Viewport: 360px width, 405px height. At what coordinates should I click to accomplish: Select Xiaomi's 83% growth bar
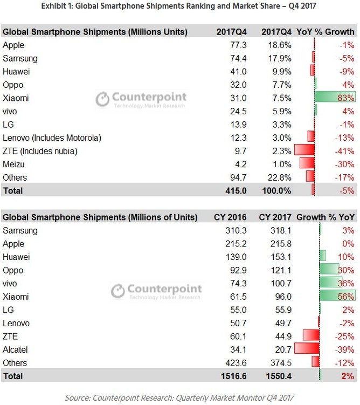[335, 98]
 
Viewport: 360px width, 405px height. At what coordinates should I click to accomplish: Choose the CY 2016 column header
[231, 217]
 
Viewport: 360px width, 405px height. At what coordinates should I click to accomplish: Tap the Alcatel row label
[15, 349]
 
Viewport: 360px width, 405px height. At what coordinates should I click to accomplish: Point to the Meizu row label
[14, 164]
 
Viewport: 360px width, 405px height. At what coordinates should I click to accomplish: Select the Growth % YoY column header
[326, 217]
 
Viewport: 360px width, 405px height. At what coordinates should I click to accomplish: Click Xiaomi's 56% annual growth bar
[337, 296]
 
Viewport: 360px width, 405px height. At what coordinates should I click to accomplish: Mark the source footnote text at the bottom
[180, 397]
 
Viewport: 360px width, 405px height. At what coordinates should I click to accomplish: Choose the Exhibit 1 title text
[179, 8]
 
